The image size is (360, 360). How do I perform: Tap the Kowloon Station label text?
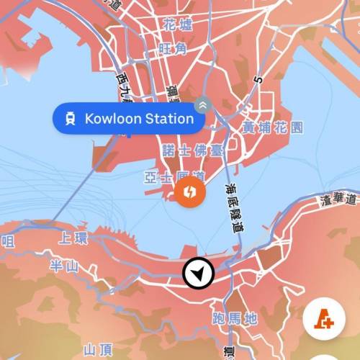139,119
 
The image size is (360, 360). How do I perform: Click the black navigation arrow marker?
197,274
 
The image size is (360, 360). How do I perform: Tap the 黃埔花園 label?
272,127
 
